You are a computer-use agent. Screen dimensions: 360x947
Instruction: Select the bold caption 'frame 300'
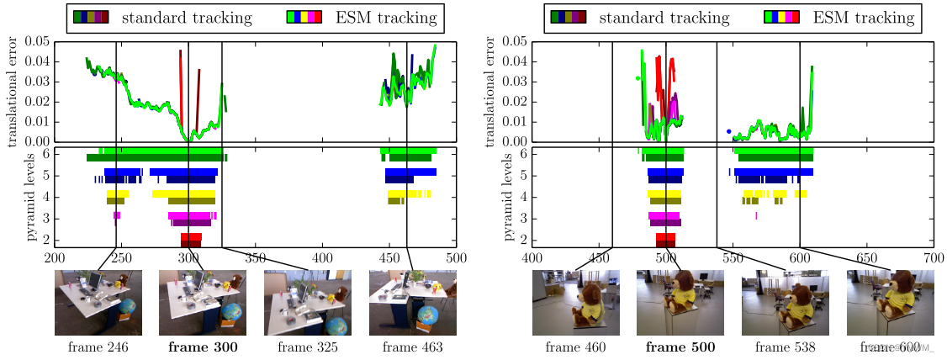(x=202, y=347)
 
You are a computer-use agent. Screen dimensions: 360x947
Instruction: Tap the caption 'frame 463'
(x=411, y=347)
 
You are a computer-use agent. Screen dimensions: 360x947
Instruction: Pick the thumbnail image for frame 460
(x=575, y=303)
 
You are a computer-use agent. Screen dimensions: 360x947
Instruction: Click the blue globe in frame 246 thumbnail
(x=127, y=308)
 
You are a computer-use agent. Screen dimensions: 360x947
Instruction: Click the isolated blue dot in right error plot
(x=729, y=131)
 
